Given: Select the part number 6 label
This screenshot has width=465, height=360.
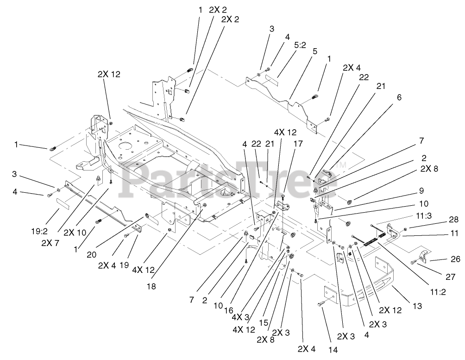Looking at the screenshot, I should point(399,98).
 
